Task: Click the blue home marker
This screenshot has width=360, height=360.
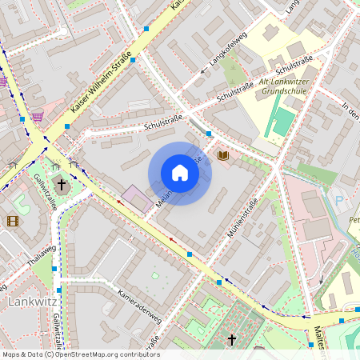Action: click(180, 173)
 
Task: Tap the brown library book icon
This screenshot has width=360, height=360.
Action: click(223, 155)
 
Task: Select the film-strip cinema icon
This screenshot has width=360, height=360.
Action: click(13, 221)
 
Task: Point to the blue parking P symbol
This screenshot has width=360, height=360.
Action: click(338, 201)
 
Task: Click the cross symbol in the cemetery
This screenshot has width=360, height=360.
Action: click(232, 340)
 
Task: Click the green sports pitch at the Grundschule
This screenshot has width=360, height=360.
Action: click(282, 122)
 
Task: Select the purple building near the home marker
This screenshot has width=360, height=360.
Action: click(136, 198)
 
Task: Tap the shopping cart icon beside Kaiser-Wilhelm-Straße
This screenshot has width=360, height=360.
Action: click(38, 117)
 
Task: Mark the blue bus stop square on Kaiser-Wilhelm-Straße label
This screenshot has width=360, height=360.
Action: click(133, 60)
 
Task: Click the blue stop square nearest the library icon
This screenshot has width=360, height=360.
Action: click(209, 133)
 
